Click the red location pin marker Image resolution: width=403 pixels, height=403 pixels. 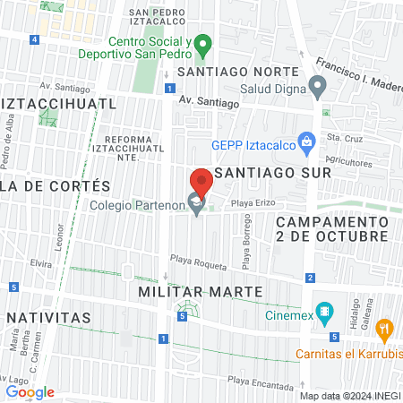click(x=201, y=182)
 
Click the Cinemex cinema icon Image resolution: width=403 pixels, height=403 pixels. click(x=324, y=313)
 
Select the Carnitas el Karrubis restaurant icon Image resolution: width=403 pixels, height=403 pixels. click(x=384, y=330)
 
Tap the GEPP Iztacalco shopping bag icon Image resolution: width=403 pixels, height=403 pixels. click(x=306, y=142)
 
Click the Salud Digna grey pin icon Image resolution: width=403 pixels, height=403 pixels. click(x=316, y=87)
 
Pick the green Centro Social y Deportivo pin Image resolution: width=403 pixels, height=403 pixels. click(x=203, y=44)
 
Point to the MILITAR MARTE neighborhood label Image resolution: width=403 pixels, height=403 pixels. click(x=200, y=292)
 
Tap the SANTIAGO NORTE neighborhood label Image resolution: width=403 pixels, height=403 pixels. click(x=236, y=72)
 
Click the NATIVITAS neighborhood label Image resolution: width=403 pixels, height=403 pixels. click(x=48, y=317)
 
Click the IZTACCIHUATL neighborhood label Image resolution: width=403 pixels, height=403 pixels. click(x=59, y=103)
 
